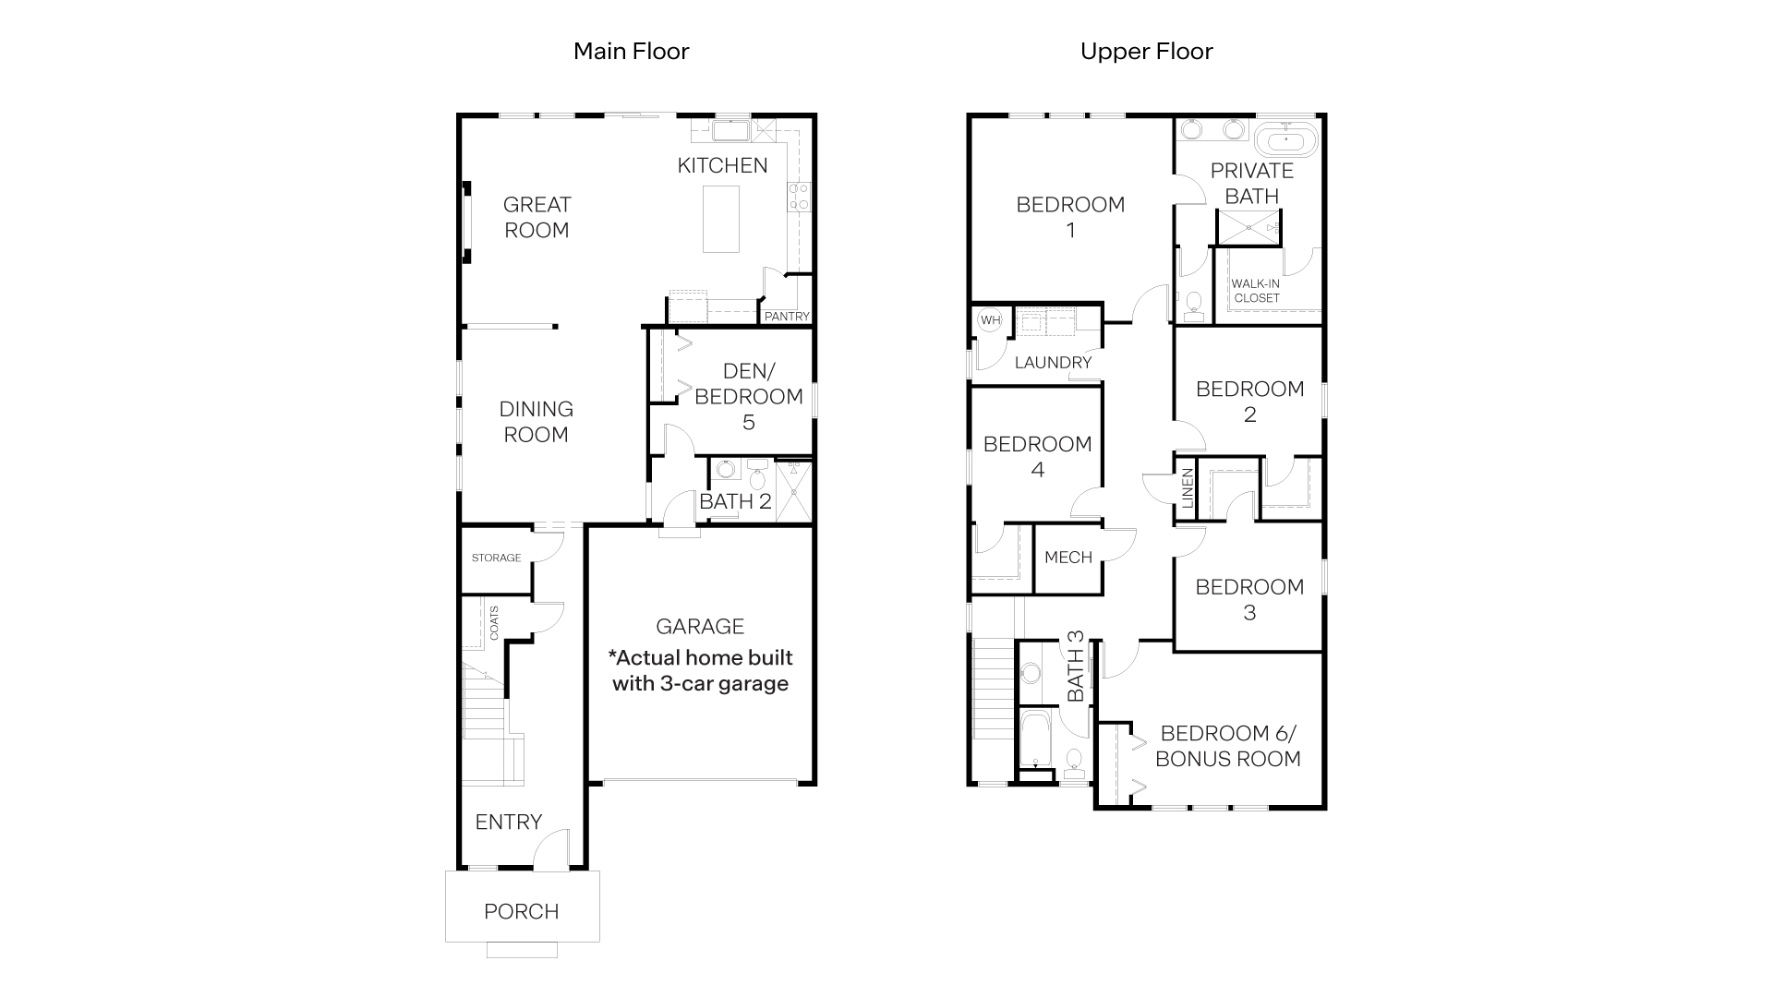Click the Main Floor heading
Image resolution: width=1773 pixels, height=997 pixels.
[631, 51]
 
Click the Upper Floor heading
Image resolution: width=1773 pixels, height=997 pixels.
[1146, 51]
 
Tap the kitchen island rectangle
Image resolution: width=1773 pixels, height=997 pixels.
[720, 219]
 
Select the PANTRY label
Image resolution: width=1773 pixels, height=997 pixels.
[787, 316]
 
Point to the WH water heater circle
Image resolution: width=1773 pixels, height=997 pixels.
[990, 320]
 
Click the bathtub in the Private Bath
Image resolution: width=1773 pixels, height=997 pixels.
[1287, 141]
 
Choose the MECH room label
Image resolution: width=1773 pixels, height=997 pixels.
[1068, 558]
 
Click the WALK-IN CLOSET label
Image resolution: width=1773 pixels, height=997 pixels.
[1256, 291]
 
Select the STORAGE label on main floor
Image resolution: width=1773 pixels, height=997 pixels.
[496, 558]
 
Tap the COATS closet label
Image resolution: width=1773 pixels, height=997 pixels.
[494, 623]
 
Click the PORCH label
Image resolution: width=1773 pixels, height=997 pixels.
[522, 912]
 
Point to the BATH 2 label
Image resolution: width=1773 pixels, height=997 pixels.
[735, 502]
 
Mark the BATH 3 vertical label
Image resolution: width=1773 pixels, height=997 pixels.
[1076, 666]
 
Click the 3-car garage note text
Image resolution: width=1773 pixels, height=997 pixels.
[700, 671]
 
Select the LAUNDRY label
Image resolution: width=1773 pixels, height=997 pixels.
[1053, 363]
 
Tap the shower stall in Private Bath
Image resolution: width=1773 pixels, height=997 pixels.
[1249, 227]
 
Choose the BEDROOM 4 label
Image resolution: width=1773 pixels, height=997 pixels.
[1037, 457]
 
